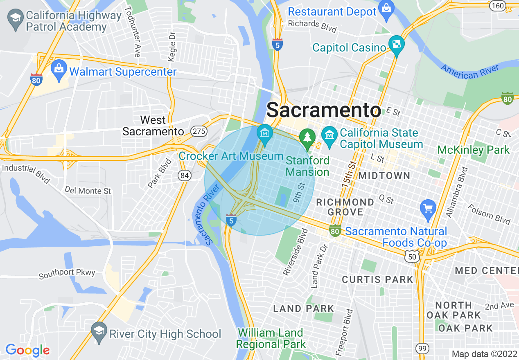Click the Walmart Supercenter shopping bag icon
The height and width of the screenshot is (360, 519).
point(59,71)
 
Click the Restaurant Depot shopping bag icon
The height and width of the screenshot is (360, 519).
point(386,8)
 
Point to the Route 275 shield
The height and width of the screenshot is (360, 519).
point(199,131)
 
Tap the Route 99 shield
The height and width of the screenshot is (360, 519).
point(422,348)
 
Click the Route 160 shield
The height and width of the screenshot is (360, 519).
point(498,6)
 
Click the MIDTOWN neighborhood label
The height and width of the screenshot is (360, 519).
point(384,176)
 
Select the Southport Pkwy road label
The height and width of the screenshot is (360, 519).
point(67,274)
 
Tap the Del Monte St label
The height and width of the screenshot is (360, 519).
point(88,191)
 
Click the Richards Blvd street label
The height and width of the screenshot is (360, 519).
point(312,26)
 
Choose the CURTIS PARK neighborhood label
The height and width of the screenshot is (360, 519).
point(377,280)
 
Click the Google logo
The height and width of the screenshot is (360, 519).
point(27,350)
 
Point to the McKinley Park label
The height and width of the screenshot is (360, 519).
point(474,150)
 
